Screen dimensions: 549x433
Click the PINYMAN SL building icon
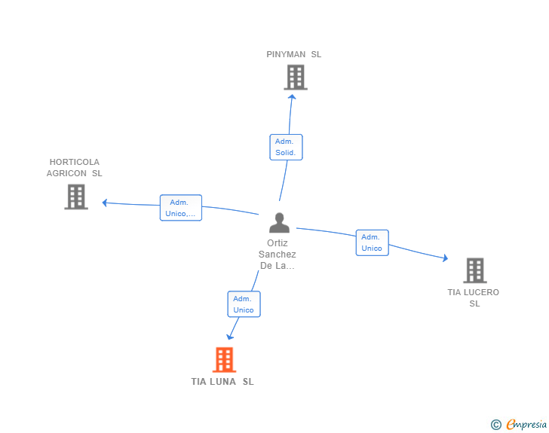(296, 78)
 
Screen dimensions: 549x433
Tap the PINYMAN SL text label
(294, 54)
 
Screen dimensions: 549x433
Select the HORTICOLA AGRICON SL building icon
(76, 197)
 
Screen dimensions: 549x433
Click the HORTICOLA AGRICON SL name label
(74, 167)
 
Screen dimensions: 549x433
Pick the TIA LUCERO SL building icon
(475, 270)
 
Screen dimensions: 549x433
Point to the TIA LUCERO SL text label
(474, 297)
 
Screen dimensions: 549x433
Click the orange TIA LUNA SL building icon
(225, 360)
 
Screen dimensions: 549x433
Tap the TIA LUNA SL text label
(222, 382)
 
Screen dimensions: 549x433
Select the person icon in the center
(279, 223)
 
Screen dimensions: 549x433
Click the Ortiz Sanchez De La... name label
(278, 255)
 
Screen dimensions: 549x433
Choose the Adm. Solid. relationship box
(286, 148)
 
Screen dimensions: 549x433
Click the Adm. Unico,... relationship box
(181, 208)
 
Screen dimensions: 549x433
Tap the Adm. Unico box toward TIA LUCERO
(373, 242)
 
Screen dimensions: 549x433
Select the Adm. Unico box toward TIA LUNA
(244, 304)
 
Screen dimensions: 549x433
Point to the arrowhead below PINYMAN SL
(292, 96)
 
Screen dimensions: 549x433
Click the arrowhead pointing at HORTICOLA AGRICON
(104, 203)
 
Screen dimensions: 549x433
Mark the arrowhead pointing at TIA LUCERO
(446, 258)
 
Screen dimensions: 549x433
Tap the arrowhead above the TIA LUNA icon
(230, 337)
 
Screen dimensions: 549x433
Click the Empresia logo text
(526, 425)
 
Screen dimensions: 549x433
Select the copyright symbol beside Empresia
(496, 425)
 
